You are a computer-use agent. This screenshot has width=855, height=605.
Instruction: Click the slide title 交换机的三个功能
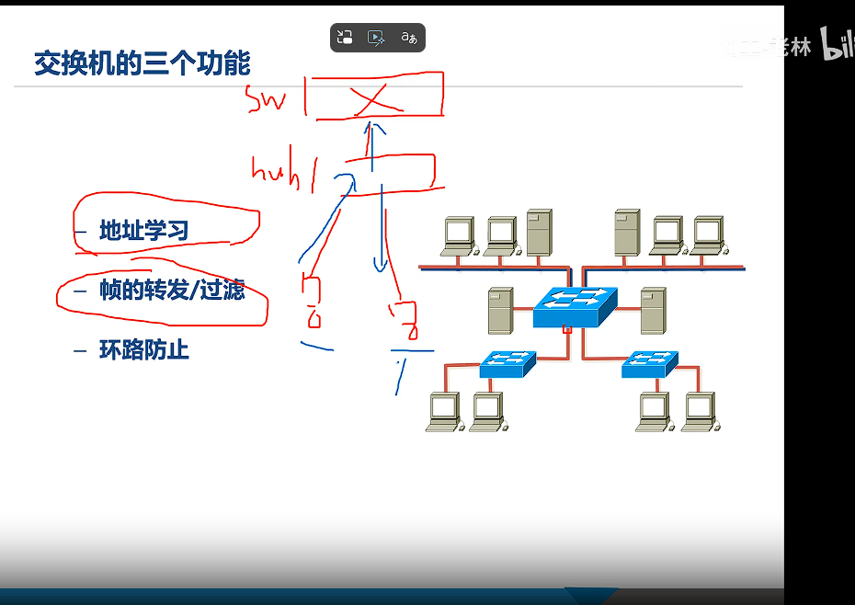pos(142,63)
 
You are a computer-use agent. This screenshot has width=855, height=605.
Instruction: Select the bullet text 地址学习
pos(143,231)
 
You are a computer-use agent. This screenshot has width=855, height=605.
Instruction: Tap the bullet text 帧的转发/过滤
pos(172,291)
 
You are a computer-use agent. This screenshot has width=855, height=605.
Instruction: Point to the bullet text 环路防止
pos(143,350)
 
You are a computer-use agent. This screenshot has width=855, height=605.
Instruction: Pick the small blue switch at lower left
pos(507,364)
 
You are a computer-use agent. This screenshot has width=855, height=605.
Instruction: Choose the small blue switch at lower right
pos(649,364)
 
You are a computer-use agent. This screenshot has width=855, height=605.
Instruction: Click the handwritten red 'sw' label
pos(268,99)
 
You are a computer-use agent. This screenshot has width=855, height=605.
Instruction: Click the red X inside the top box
pos(371,98)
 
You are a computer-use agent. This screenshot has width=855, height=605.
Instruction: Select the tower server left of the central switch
pos(501,310)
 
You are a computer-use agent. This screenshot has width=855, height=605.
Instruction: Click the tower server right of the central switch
pos(653,310)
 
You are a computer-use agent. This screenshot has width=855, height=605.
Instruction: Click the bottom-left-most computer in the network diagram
pos(443,411)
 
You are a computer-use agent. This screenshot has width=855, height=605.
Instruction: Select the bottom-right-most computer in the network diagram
pos(701,411)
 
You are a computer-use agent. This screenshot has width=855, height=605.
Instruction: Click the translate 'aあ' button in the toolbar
pos(409,38)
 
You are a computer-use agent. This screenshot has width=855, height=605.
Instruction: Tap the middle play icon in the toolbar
pos(375,38)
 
